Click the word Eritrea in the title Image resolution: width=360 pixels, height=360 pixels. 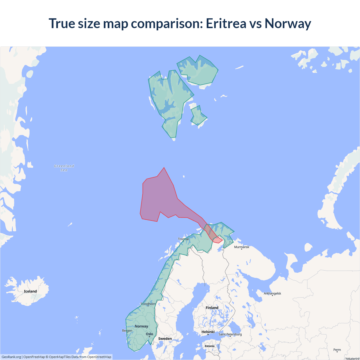226,23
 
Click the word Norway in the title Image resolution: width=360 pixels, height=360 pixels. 288,23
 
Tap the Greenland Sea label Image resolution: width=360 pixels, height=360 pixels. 64,168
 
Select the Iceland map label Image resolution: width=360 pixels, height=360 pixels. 30,291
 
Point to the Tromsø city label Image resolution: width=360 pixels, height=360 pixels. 183,239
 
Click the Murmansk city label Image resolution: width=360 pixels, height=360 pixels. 242,247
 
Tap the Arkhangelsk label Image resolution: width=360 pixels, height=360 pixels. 272,293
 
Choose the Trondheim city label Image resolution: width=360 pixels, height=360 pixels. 148,304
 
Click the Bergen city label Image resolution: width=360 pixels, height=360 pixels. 127,330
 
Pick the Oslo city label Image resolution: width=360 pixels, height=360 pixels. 150,334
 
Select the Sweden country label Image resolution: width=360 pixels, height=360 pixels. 165,339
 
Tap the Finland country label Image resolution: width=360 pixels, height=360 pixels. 212,308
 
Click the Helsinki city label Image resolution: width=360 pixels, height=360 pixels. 208,332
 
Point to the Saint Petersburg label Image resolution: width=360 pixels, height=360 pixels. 230,334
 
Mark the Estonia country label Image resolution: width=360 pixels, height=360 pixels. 210,346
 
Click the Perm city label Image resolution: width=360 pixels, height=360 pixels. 337,350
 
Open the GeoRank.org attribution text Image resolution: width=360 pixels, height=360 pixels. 11,357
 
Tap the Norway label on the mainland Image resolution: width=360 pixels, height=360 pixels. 141,326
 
